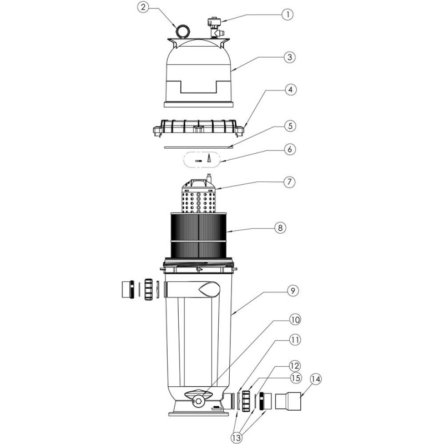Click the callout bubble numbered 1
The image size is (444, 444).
[288, 14]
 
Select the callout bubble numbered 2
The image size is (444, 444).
[143, 7]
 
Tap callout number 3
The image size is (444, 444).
[289, 57]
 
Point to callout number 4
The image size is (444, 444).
[290, 90]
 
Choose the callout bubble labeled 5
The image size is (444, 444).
[290, 126]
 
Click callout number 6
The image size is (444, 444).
[290, 149]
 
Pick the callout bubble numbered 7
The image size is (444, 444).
[289, 182]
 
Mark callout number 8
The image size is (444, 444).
[280, 228]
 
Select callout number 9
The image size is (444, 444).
[292, 291]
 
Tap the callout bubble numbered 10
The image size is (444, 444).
[295, 320]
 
